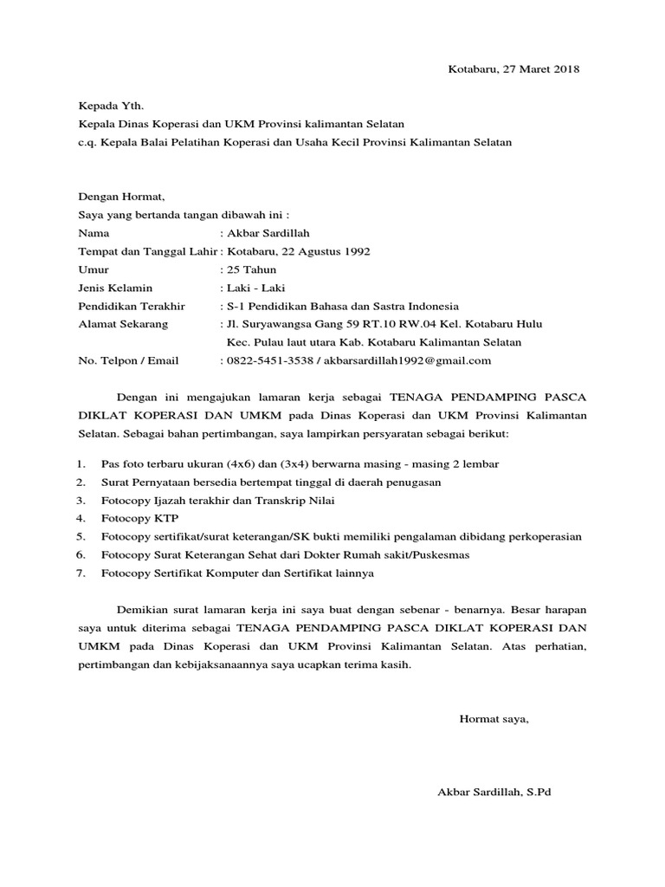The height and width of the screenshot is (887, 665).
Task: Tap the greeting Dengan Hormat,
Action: tap(120, 197)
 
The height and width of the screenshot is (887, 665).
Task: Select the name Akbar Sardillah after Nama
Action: tap(268, 233)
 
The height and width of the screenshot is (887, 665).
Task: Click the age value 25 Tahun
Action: tap(252, 269)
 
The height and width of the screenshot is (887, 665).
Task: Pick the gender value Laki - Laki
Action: tap(255, 288)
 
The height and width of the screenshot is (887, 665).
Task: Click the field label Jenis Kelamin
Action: tap(115, 288)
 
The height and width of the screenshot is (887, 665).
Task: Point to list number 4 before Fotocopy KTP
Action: tap(80, 518)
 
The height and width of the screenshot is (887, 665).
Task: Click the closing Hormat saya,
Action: tap(493, 718)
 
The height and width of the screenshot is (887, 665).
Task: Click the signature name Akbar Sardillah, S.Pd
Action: tap(494, 792)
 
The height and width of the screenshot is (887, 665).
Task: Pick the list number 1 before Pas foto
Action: tap(80, 463)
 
